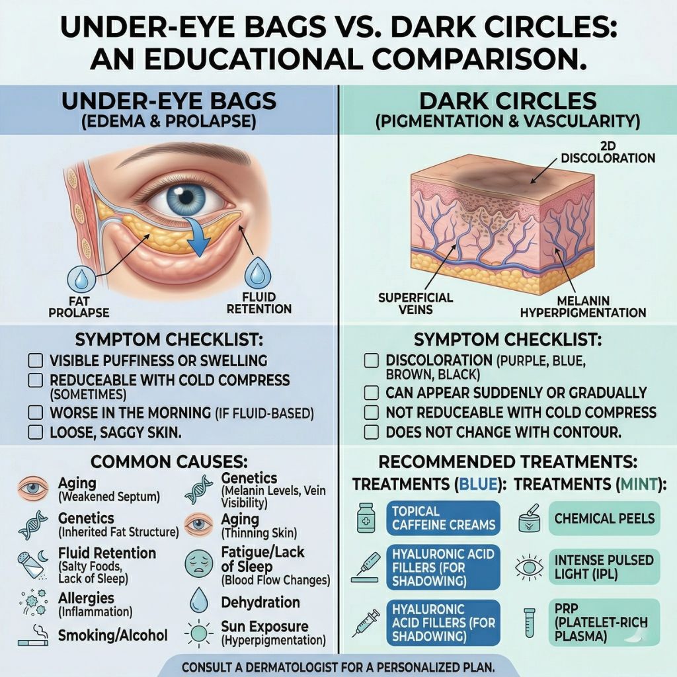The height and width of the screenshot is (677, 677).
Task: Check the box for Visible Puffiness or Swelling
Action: click(36, 361)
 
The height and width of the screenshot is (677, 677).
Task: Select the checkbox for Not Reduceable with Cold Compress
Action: click(372, 413)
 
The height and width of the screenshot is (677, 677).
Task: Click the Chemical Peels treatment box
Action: click(604, 518)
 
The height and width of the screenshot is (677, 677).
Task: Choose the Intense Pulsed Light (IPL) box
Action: click(604, 567)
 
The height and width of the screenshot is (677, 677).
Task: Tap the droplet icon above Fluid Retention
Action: click(257, 273)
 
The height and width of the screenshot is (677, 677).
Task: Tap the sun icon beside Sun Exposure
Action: click(199, 633)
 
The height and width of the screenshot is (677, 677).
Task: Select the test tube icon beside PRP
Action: click(529, 623)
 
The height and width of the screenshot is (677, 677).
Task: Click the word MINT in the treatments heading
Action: click(638, 484)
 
